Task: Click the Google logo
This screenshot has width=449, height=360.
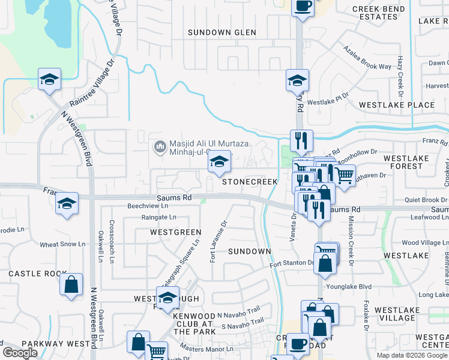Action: pyautogui.click(x=20, y=353)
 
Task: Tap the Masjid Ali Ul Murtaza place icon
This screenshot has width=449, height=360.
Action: pyautogui.click(x=160, y=146)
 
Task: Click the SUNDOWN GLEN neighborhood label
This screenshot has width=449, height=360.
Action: pyautogui.click(x=221, y=32)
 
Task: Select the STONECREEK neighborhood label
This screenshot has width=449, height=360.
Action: pyautogui.click(x=250, y=181)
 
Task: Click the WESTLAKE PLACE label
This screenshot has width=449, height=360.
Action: pyautogui.click(x=396, y=105)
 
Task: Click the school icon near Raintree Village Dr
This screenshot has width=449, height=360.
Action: pyautogui.click(x=49, y=79)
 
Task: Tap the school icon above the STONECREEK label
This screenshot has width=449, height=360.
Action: pyautogui.click(x=219, y=163)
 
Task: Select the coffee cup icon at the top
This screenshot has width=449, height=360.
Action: pyautogui.click(x=303, y=7)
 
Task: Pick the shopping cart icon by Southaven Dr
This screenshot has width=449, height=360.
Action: pyautogui.click(x=344, y=175)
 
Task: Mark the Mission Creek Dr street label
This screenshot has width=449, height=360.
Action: pyautogui.click(x=351, y=238)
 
